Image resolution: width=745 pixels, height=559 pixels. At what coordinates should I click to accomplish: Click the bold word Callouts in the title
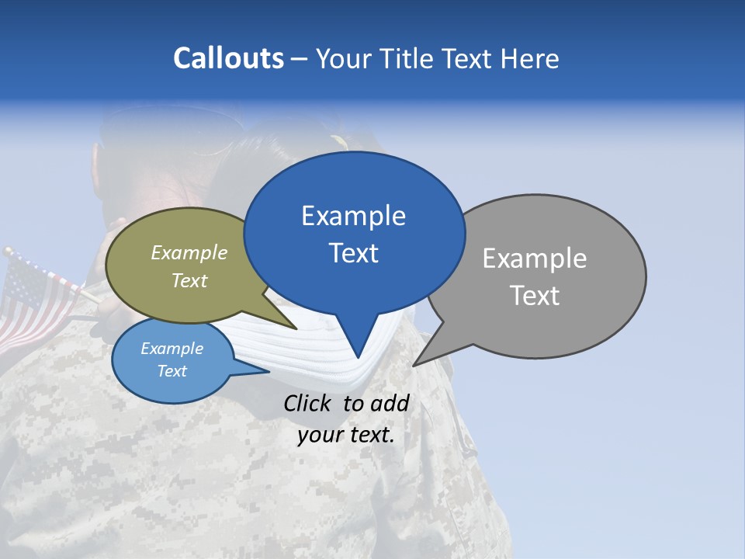[x=228, y=58]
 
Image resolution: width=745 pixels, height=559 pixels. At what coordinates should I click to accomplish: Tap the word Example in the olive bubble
[x=189, y=252]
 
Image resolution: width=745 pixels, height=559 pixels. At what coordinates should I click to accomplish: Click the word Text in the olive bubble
[x=189, y=280]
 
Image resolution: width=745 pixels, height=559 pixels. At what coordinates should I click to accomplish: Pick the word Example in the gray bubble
[x=534, y=258]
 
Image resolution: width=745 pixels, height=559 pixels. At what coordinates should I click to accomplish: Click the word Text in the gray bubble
[x=534, y=295]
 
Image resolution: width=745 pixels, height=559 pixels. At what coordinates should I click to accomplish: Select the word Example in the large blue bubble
[x=353, y=215]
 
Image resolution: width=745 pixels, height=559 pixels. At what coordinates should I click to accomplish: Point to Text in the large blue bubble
[x=353, y=252]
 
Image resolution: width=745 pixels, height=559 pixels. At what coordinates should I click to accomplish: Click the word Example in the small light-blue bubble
[x=172, y=349]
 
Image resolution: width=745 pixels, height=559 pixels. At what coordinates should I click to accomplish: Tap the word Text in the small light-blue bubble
[x=172, y=371]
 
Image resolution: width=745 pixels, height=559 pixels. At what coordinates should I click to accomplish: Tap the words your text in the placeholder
[x=346, y=434]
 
